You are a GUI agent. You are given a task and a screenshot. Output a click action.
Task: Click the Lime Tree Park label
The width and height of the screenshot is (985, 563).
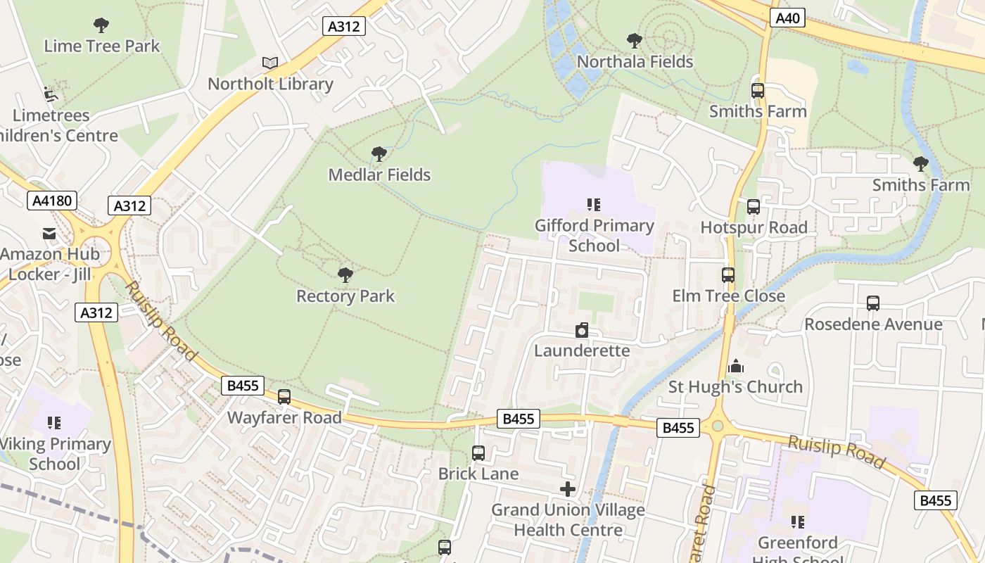(x=102, y=46)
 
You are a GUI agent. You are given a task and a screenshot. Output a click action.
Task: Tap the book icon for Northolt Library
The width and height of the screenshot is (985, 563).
(x=270, y=63)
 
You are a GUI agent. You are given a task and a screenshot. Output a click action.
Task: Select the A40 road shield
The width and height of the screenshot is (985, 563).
(x=787, y=18)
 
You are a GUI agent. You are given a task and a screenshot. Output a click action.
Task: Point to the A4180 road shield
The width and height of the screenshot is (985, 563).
(x=52, y=201)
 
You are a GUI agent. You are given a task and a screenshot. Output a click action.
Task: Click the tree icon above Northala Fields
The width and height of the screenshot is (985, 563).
(x=635, y=41)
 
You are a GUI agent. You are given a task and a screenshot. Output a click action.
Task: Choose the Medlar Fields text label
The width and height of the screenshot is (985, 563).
(x=379, y=175)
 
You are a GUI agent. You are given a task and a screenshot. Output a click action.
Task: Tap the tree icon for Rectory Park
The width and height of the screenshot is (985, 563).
(x=345, y=274)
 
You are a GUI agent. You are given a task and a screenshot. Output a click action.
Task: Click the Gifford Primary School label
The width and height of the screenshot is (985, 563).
(x=595, y=235)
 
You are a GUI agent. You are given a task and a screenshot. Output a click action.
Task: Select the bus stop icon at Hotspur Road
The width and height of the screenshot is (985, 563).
(x=754, y=207)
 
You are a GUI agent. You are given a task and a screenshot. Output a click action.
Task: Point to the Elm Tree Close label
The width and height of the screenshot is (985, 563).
(x=728, y=296)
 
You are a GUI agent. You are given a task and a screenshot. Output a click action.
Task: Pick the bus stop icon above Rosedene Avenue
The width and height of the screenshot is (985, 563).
(x=873, y=303)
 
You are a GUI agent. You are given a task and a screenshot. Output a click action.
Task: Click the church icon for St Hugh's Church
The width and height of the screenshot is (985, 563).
(x=736, y=366)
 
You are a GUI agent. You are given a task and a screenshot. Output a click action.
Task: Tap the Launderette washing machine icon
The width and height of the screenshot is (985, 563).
(x=582, y=330)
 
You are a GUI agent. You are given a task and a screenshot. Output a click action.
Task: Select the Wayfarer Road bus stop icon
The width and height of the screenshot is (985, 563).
(x=284, y=397)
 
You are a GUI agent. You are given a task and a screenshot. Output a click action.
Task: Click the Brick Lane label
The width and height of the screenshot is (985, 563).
(x=478, y=474)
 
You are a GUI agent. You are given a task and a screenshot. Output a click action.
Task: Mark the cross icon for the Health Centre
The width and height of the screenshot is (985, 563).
(x=568, y=489)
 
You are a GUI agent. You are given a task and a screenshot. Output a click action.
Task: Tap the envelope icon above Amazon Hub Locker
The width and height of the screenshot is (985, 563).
(x=49, y=234)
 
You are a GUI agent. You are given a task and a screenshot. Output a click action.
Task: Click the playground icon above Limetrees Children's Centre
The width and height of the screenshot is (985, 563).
(x=50, y=94)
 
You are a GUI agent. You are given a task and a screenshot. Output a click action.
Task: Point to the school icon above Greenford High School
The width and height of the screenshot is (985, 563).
(x=797, y=521)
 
